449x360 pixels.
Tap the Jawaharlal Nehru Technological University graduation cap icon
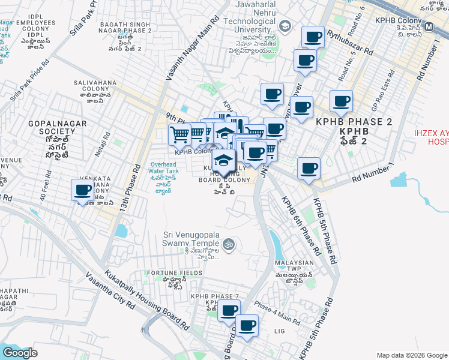285,26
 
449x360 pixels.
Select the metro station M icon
429,27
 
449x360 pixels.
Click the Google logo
20,353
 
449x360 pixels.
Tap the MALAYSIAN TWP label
295,263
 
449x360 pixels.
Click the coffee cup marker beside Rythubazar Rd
313,37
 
